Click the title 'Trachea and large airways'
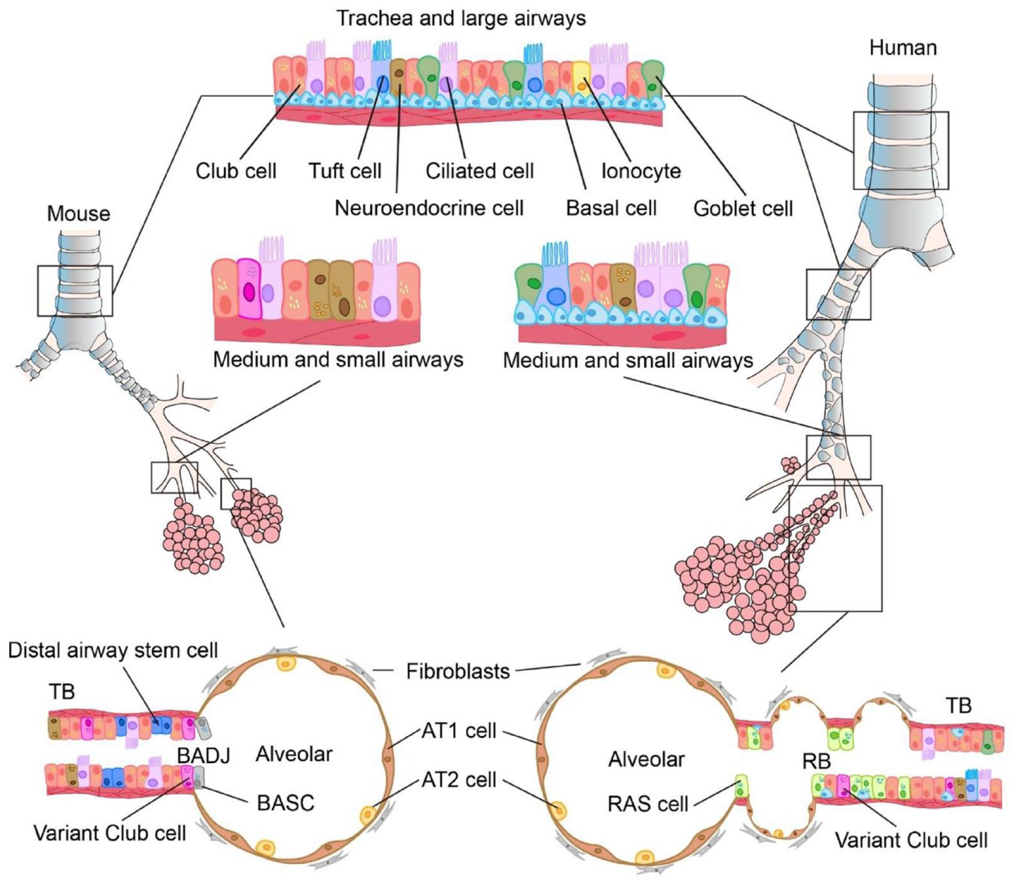[461, 18]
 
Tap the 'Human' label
[903, 48]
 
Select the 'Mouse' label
[79, 214]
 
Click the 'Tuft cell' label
[345, 171]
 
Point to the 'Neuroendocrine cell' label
[429, 208]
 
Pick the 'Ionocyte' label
[641, 171]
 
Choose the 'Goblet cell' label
[743, 208]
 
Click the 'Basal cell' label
[611, 208]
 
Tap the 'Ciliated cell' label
[480, 171]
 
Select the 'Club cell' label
[236, 171]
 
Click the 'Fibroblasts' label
[458, 671]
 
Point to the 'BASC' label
[286, 803]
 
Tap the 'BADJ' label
[204, 756]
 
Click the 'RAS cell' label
[648, 803]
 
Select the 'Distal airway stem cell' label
[113, 651]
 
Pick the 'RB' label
[816, 762]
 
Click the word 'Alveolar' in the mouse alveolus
[294, 754]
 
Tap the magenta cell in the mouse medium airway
[249, 289]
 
